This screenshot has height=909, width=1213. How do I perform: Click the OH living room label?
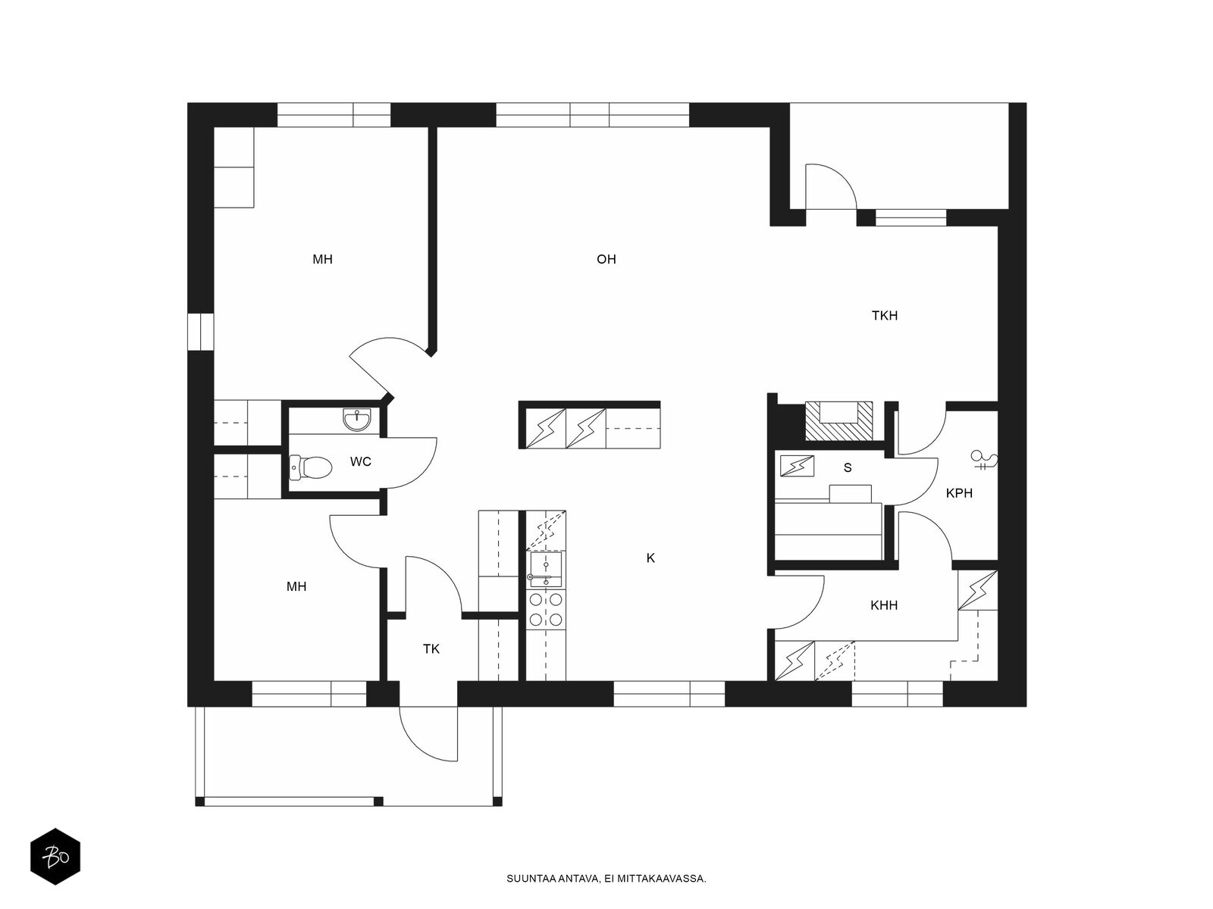point(606,259)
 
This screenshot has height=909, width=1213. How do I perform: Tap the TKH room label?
point(884,316)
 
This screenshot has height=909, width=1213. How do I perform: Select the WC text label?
point(360,461)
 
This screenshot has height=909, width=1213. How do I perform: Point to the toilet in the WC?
point(311,467)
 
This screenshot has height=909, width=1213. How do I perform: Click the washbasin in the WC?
point(357,420)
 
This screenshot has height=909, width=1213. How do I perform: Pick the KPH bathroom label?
point(959,493)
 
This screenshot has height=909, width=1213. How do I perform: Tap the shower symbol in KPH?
point(984,460)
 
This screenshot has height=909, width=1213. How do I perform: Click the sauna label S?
point(847,468)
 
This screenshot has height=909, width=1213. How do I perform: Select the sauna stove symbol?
point(797,466)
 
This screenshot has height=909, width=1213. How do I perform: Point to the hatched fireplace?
point(839,421)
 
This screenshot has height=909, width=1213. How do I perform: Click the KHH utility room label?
point(884,605)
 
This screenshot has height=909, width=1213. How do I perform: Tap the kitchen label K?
point(650,558)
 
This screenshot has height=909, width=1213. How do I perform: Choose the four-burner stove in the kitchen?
point(545,609)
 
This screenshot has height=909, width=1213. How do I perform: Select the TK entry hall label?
point(431,649)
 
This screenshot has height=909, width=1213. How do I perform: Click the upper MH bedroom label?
point(322,259)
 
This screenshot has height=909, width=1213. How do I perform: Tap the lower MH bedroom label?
point(296,586)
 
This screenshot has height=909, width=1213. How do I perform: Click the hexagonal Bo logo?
point(55,856)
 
